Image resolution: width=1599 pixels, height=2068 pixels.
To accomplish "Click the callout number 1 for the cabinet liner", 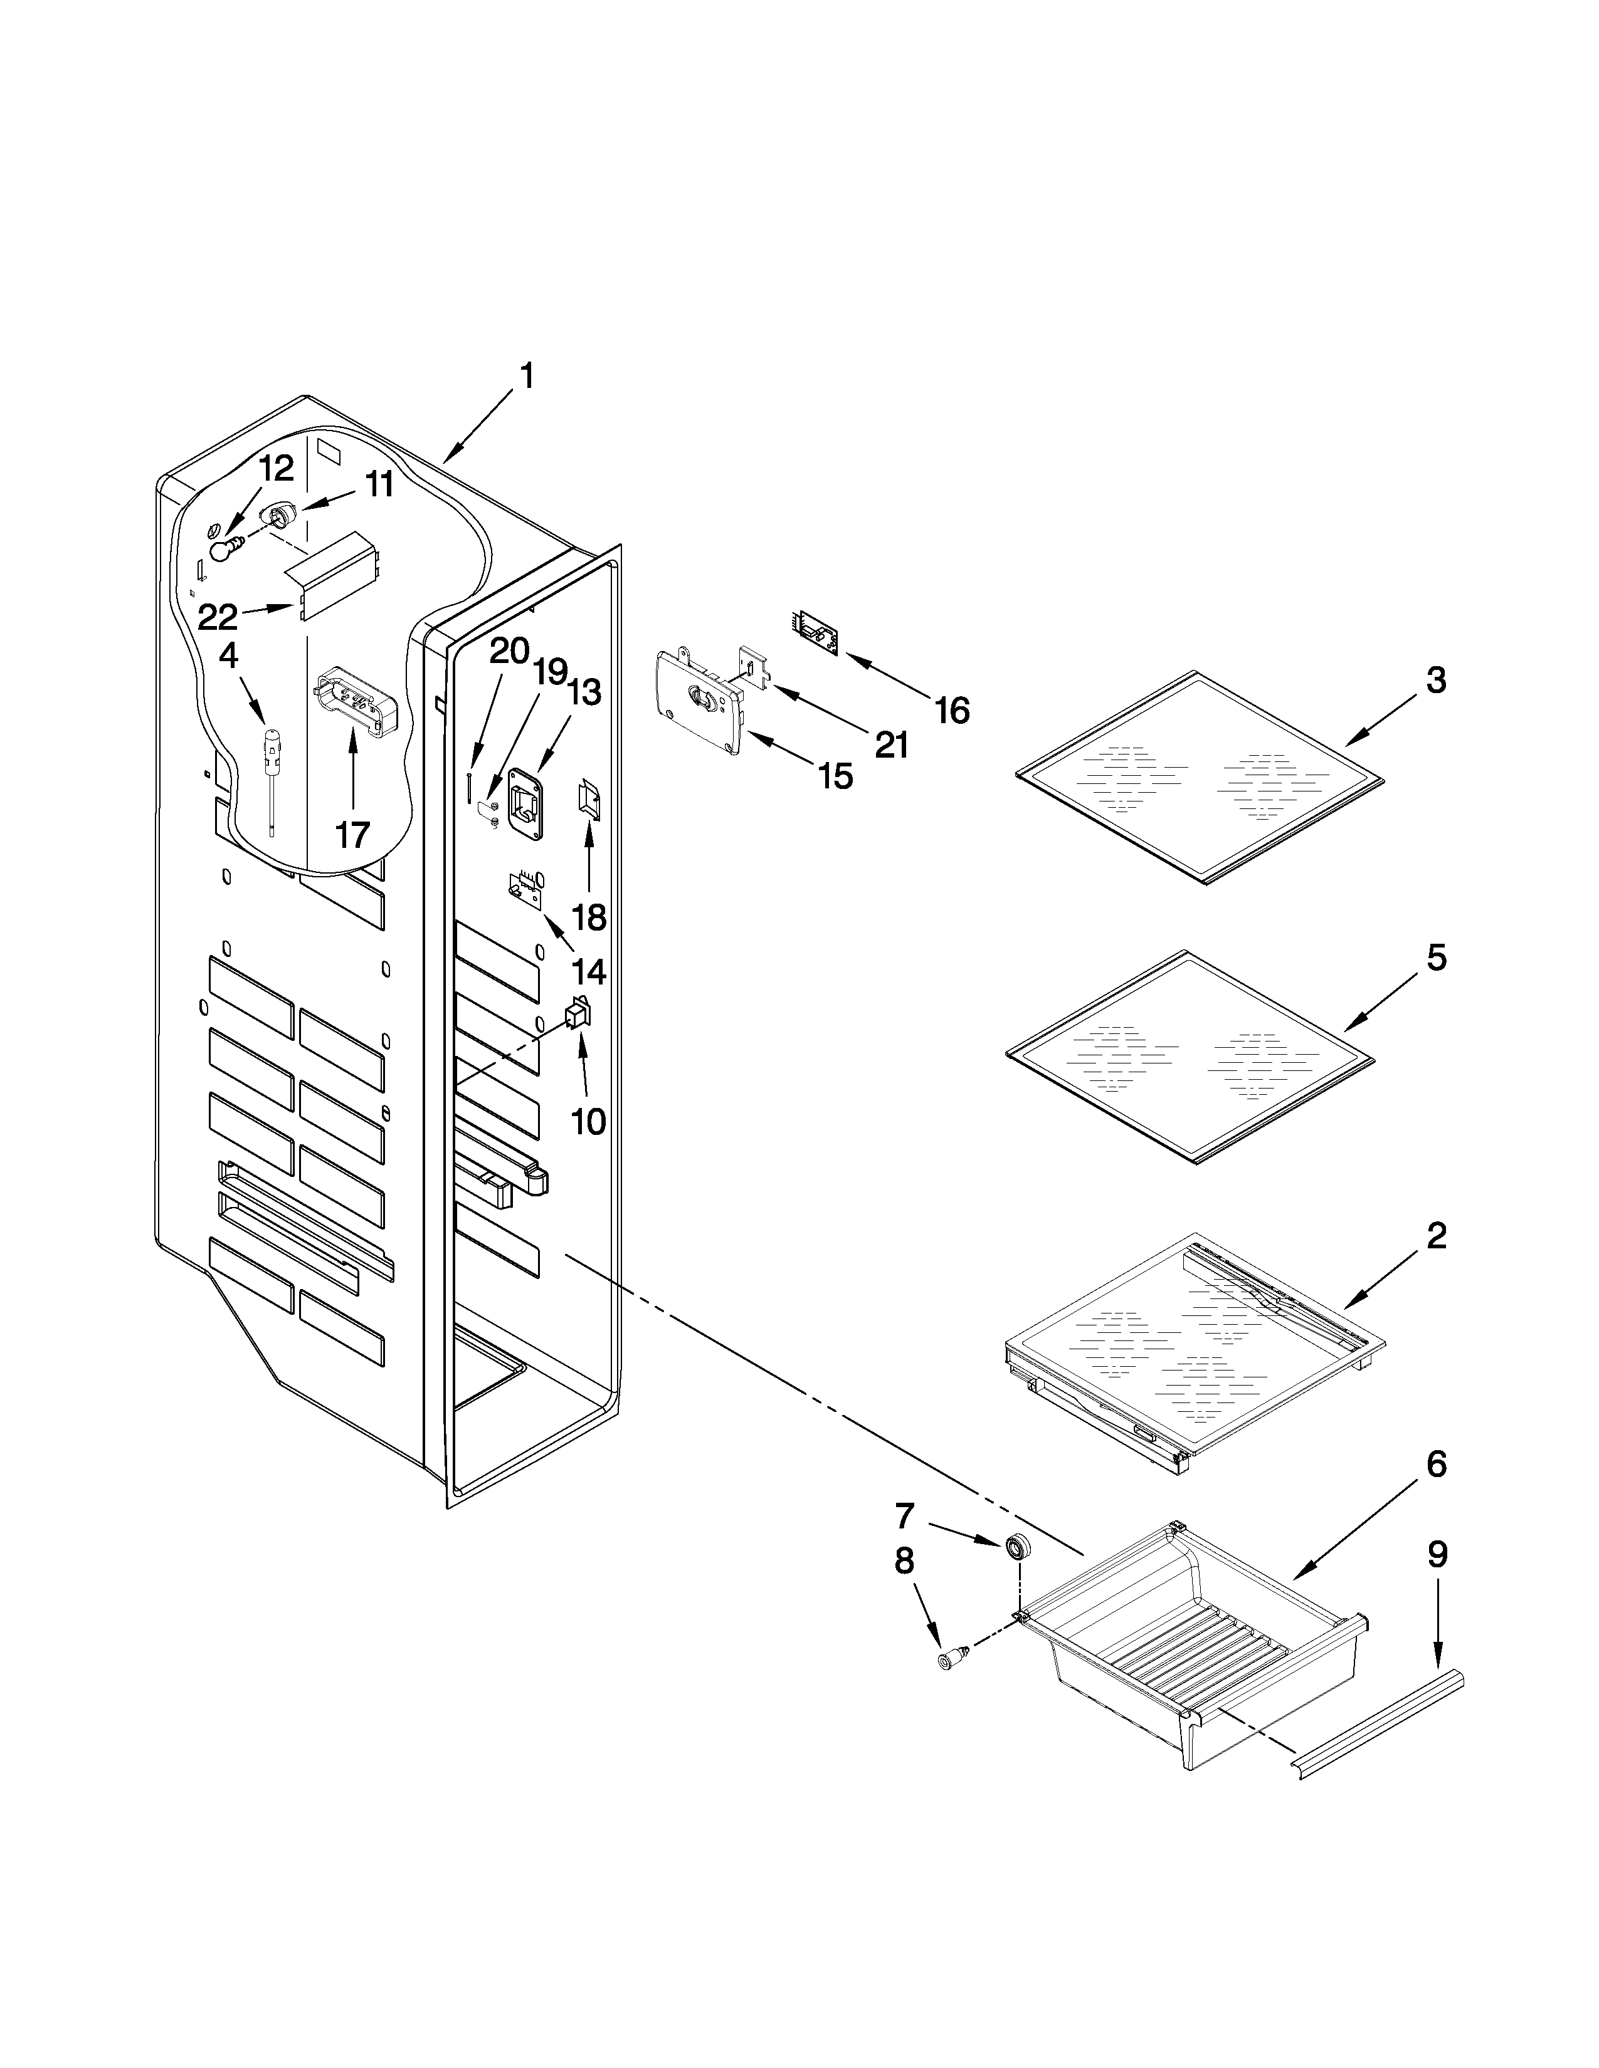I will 527,377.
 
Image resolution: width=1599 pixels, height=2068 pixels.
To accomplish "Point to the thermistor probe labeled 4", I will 273,758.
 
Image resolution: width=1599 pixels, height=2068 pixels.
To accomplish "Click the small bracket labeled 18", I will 588,801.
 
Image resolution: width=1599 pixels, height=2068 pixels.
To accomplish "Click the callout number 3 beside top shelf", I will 1436,680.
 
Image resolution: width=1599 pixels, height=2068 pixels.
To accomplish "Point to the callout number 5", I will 1436,958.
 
